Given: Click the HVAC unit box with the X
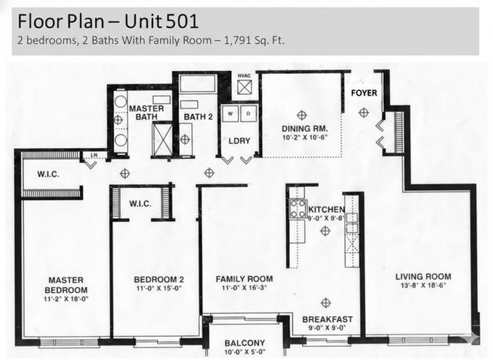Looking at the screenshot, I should tap(244, 87).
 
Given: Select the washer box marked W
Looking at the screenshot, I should tap(230, 113).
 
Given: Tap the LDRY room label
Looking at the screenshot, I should tap(236, 140).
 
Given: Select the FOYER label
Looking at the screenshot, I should tap(364, 93).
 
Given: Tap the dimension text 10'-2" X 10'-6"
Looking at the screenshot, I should tap(303, 139).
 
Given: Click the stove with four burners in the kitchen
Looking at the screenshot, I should tap(297, 209).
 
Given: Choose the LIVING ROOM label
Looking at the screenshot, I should tap(423, 277).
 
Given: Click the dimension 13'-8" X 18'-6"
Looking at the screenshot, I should tap(423, 287).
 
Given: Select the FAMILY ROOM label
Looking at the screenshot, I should tap(243, 278).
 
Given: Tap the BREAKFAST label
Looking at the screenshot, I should tap(327, 319).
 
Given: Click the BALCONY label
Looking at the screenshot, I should tap(245, 343).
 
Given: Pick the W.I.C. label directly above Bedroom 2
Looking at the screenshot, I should tap(140, 204).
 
